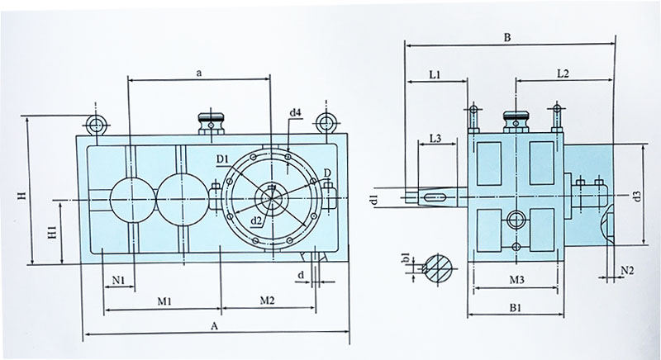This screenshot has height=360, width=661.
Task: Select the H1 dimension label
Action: (51, 232)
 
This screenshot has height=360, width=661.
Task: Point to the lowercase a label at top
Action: (199, 73)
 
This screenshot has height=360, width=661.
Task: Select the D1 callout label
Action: (222, 157)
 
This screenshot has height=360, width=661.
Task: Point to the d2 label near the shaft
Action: (258, 220)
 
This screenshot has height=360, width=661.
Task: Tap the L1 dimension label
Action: (437, 74)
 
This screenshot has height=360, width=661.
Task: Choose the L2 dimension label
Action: (564, 74)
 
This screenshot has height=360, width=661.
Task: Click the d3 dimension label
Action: (635, 196)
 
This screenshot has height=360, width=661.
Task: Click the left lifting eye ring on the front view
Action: (97, 126)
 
